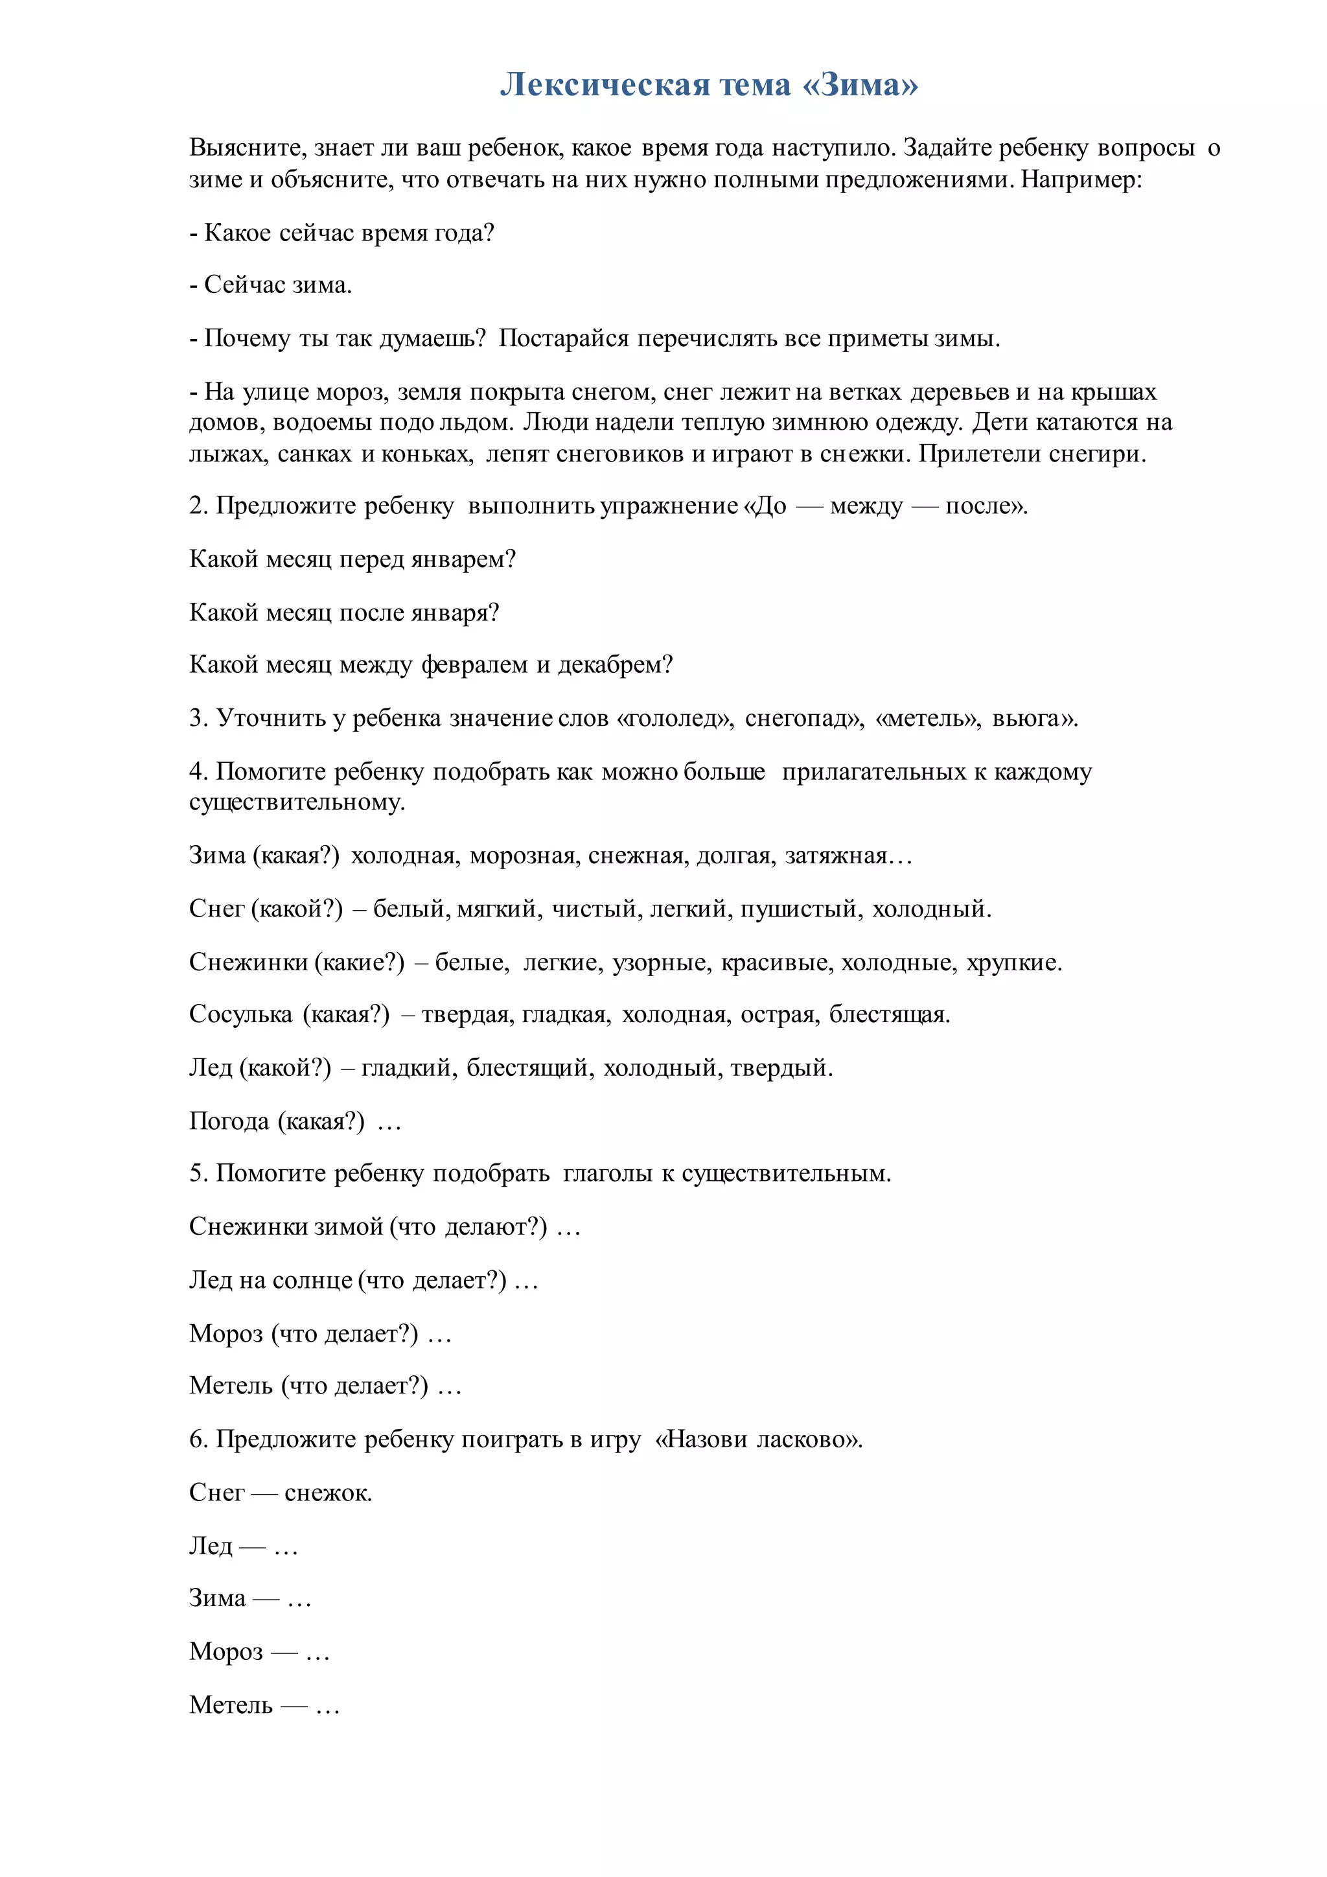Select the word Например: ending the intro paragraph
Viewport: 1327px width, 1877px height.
[x=1081, y=179]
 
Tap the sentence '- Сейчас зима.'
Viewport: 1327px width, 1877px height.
[x=270, y=285]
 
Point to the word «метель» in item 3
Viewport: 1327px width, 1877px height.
[x=927, y=719]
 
